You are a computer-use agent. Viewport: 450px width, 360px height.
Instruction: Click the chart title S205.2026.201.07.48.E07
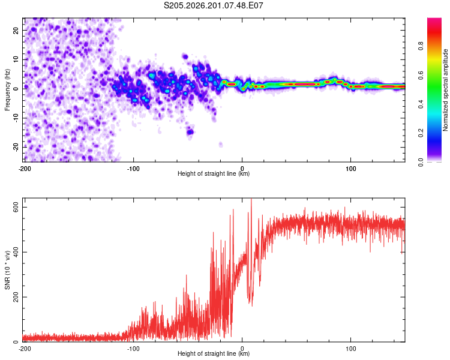click(x=213, y=5)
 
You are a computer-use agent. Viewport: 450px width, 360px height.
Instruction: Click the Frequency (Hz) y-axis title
click(x=7, y=90)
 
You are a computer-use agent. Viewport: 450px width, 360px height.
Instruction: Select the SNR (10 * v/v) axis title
click(x=7, y=270)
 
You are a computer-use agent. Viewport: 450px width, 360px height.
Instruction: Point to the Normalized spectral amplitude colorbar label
click(x=445, y=90)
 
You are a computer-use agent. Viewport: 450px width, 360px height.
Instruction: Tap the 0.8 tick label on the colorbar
click(x=421, y=46)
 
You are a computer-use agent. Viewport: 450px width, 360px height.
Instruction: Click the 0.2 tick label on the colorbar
click(x=421, y=133)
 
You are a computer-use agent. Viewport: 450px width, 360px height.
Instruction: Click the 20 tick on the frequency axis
click(x=16, y=31)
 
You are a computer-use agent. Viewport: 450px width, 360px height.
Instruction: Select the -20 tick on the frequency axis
click(x=16, y=147)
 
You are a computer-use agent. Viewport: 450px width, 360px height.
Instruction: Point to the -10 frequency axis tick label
click(x=16, y=118)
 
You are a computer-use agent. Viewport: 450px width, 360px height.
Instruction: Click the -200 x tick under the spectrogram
click(x=25, y=169)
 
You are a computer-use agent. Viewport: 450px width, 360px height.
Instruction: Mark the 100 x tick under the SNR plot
click(x=351, y=349)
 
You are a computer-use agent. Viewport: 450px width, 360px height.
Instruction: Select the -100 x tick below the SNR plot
click(x=133, y=349)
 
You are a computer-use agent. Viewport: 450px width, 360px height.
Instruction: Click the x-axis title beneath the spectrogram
click(x=214, y=173)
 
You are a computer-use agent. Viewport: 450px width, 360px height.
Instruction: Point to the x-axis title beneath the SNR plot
click(x=214, y=353)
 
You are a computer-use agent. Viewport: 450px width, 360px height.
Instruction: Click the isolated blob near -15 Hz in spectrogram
click(x=190, y=132)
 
